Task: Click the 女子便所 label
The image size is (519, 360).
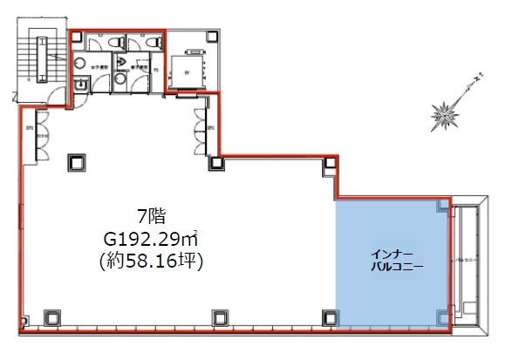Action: tap(90, 64)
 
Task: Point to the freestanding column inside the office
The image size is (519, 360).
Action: tap(75, 162)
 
